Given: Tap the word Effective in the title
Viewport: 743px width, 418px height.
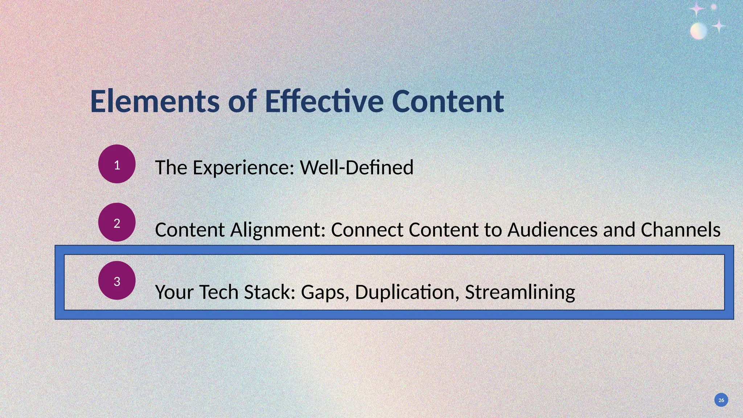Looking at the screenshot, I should point(324,102).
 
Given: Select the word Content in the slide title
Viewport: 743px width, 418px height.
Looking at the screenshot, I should point(448,102).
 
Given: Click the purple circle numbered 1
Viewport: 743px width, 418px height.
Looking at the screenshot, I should point(117,164).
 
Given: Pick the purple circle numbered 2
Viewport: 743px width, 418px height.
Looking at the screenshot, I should point(117,222).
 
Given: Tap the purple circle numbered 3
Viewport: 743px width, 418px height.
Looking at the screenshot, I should point(117,280).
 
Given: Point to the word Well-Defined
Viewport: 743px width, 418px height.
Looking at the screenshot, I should point(357,167).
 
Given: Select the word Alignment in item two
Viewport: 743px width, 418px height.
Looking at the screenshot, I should point(278,230).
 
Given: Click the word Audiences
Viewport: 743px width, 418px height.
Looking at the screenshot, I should point(552,230).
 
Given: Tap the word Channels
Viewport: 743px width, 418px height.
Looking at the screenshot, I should point(680,230).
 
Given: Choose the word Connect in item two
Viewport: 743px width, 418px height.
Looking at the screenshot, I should point(367,230).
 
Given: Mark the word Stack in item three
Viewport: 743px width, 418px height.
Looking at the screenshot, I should point(269,292).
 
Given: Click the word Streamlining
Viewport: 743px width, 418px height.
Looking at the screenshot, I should point(520,292).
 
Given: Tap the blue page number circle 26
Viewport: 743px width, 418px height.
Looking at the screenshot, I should point(721,400).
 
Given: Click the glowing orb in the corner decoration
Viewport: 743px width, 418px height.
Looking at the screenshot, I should point(698,31).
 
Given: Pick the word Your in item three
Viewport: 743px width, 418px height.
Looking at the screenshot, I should point(174,292).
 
